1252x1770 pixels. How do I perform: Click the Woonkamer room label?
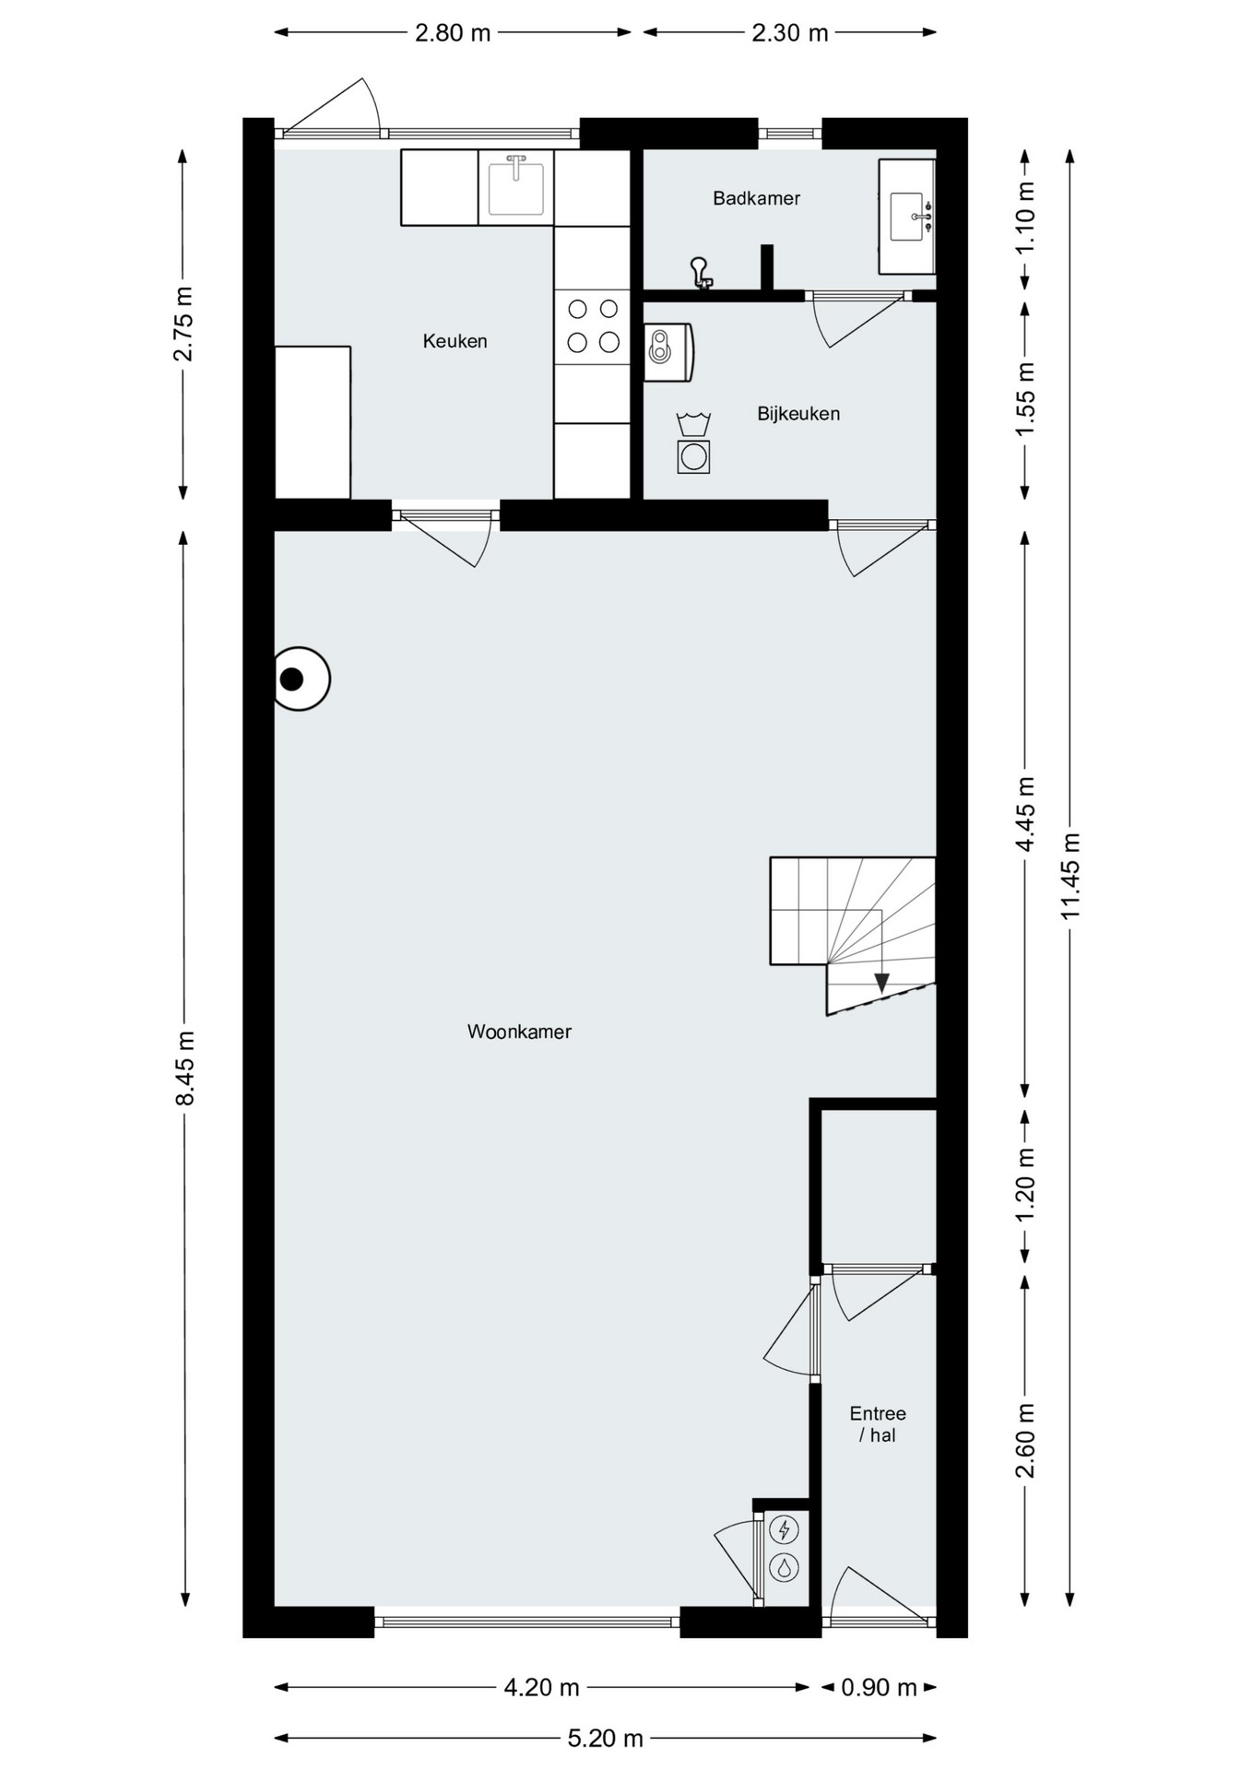point(519,1032)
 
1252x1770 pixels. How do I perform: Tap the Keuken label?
point(455,341)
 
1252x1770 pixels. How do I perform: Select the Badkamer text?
point(756,198)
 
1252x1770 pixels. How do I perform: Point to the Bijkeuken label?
point(798,414)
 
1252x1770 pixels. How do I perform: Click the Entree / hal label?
point(878,1423)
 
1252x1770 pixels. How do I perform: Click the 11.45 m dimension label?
point(1069,876)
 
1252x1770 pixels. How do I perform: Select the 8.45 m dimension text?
point(184,1068)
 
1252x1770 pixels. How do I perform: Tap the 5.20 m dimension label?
point(605,1738)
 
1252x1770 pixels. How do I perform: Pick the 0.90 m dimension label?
point(879,1687)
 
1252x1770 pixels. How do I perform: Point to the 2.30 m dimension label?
point(789,33)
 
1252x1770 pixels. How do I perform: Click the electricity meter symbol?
point(784,1530)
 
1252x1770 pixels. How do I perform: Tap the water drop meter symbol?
point(784,1567)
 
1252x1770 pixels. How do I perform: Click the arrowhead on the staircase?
point(881,983)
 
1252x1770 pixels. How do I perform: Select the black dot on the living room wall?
point(291,679)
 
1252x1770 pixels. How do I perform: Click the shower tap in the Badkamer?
point(702,273)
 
